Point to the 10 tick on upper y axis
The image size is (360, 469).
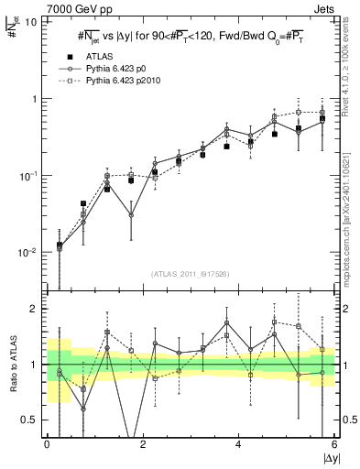pos(31,22)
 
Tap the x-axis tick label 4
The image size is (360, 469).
pos(238,444)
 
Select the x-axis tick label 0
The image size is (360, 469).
pos(47,444)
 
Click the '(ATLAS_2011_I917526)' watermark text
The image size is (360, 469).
pos(190,272)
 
